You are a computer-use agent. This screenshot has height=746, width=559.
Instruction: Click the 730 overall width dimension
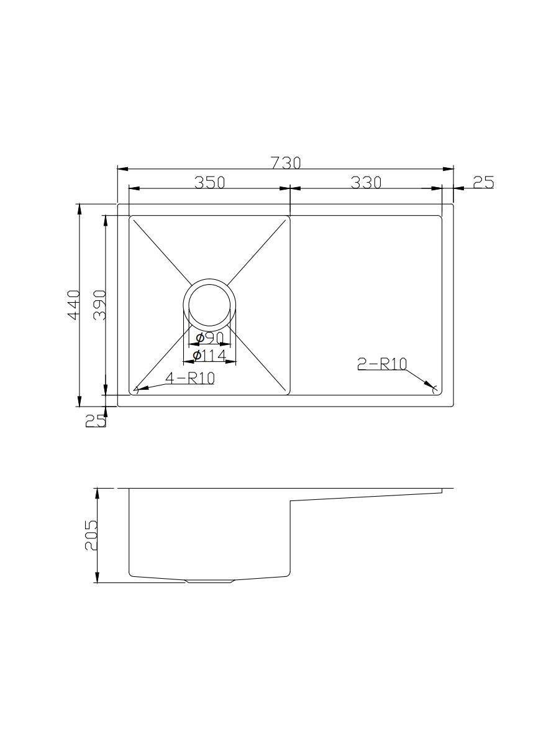(x=286, y=163)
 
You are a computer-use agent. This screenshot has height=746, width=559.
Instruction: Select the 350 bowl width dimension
(x=209, y=182)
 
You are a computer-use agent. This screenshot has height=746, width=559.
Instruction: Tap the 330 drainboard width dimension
(x=366, y=182)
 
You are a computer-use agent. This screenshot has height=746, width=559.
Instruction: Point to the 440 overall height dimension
(x=74, y=305)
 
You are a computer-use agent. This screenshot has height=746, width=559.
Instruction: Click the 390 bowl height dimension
(x=99, y=305)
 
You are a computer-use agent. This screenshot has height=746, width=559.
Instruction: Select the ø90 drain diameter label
(x=210, y=338)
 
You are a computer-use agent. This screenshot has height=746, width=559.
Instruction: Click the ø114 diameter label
(x=209, y=356)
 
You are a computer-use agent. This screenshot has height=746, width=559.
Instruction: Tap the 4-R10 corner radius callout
(x=189, y=377)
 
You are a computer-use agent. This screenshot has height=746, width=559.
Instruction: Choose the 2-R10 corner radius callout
(x=382, y=364)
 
